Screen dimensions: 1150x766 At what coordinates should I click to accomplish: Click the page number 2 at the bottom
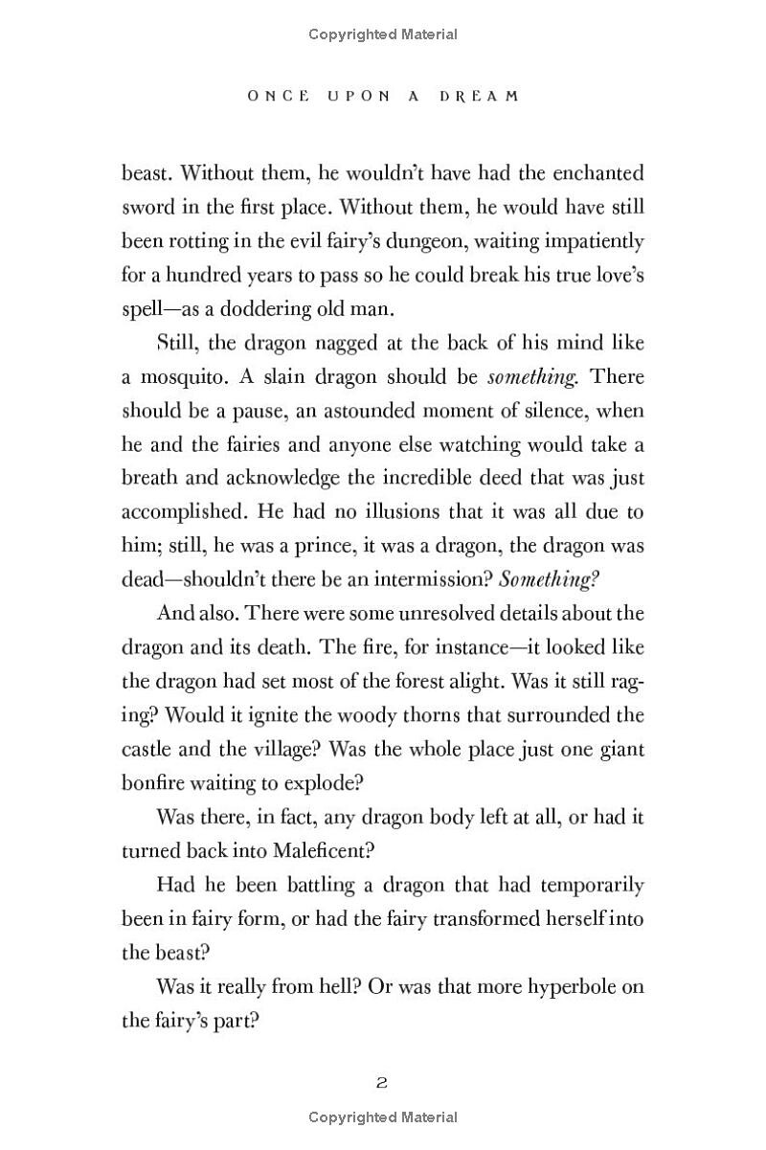tap(381, 1083)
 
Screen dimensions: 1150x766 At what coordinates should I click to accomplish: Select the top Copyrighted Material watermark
tap(383, 34)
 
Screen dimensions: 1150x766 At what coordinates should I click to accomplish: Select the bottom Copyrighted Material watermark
tap(383, 1116)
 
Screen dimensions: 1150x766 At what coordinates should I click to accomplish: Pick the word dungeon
tap(400, 241)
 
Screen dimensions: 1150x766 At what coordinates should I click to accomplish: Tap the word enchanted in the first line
tap(595, 173)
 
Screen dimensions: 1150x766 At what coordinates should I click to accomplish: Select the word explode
tap(326, 782)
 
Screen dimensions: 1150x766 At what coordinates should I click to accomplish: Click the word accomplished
tap(180, 511)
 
